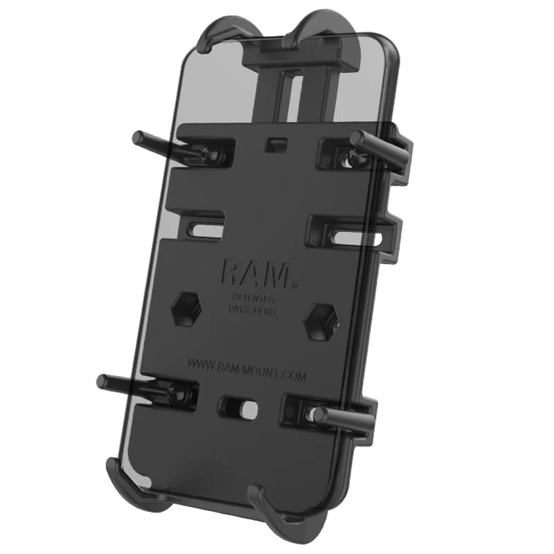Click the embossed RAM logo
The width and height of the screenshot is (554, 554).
coord(254,272)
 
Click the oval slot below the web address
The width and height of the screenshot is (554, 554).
coord(242,408)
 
